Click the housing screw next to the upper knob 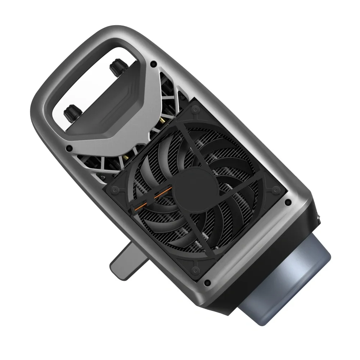pyautogui.click(x=154, y=64)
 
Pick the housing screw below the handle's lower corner pyautogui.click(x=69, y=148)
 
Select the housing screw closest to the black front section pyautogui.click(x=287, y=202)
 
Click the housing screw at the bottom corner pyautogui.click(x=207, y=283)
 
